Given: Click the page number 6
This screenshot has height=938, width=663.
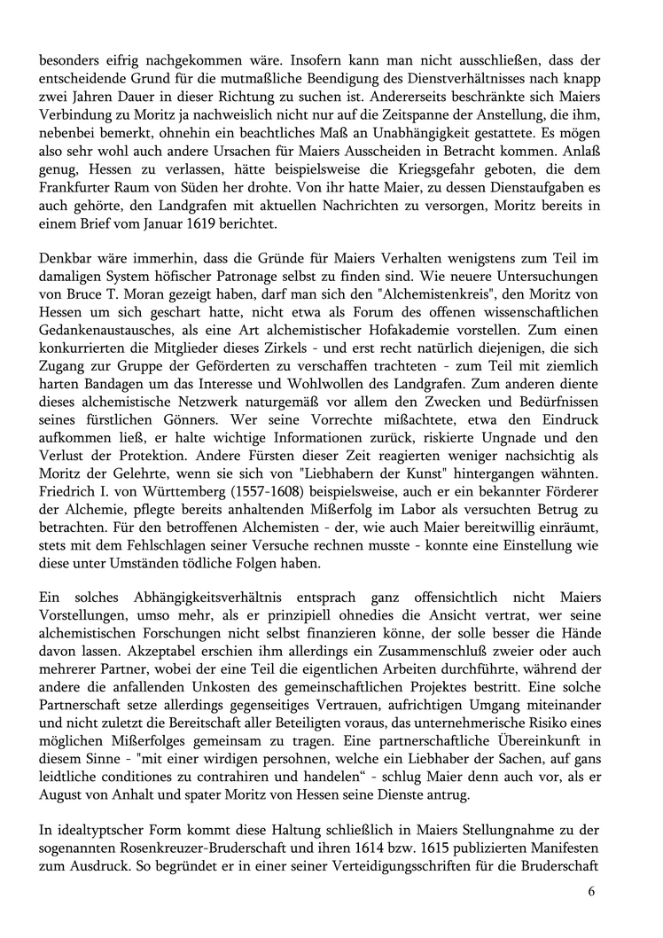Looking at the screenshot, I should tap(590, 891).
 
